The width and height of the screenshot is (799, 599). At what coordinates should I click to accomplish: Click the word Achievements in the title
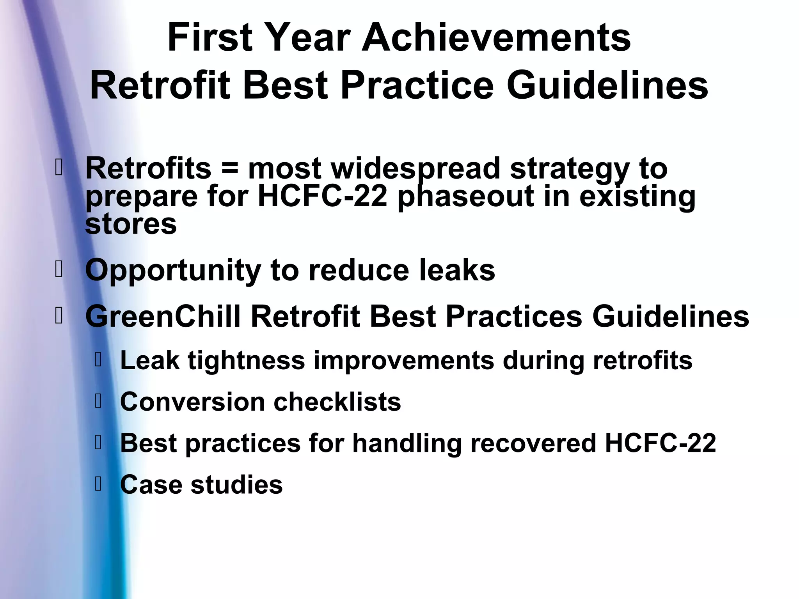coord(496,38)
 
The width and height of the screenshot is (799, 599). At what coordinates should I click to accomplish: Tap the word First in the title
coord(210,38)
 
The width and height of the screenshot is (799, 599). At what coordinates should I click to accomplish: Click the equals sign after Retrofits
coord(229,169)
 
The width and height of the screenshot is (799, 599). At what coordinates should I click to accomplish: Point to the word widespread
coord(415,169)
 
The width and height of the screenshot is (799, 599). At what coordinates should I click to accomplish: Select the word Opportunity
coord(173,270)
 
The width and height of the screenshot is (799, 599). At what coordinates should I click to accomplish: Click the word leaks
coord(457,270)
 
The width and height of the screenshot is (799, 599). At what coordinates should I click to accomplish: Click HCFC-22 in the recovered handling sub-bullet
coord(660,443)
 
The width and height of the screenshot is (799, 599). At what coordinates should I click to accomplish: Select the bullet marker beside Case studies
coord(98,484)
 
